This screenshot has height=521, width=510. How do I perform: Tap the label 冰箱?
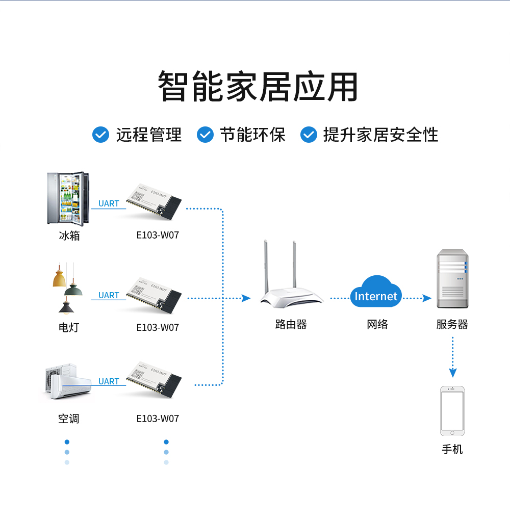tap(69, 236)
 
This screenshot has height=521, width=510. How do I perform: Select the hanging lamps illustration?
tap(67, 289)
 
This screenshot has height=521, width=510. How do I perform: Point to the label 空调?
tap(68, 419)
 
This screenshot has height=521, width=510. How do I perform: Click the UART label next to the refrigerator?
tap(109, 203)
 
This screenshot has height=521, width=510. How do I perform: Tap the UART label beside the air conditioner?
tap(109, 381)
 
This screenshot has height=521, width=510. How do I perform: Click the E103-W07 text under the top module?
tap(158, 236)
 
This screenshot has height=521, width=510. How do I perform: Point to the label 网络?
tap(377, 324)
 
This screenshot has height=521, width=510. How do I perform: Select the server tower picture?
tap(452, 278)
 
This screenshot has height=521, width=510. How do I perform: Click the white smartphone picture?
tap(452, 411)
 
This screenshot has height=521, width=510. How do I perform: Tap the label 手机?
tap(452, 449)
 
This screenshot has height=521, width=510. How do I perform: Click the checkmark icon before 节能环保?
tap(205, 135)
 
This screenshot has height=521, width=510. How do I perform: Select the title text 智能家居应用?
tap(258, 87)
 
